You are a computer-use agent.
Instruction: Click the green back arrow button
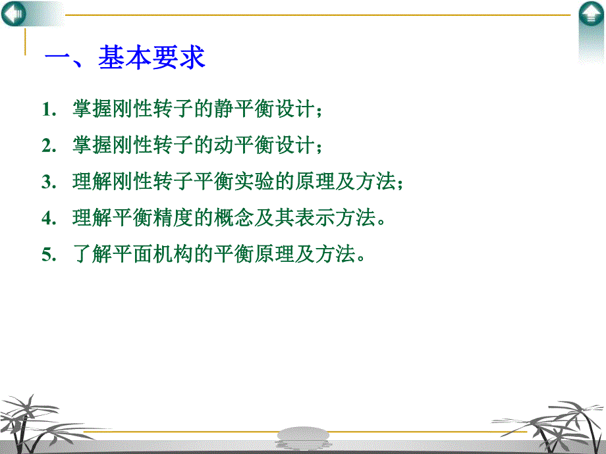point(14,14)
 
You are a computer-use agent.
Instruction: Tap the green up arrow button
point(591,15)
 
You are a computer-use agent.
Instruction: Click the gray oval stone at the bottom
point(303,435)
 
